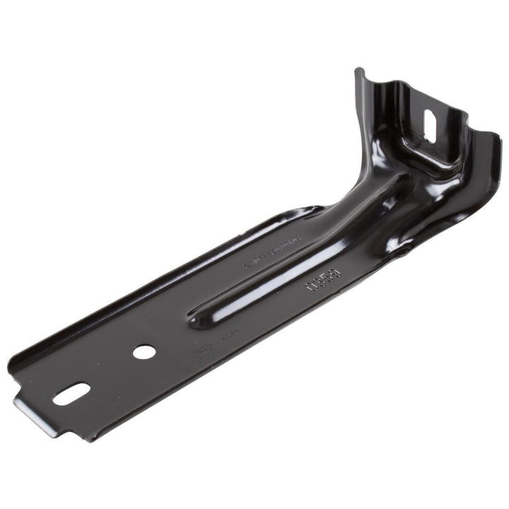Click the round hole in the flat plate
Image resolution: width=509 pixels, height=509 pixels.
(144, 351)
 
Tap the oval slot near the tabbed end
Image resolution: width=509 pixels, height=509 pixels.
(71, 394)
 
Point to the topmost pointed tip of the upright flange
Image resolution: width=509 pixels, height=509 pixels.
(359, 70)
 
